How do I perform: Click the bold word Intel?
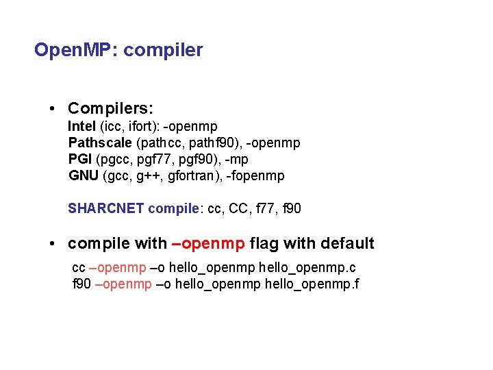82,126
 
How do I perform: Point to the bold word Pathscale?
101,143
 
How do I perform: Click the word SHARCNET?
106,208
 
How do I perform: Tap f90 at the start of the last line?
81,283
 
